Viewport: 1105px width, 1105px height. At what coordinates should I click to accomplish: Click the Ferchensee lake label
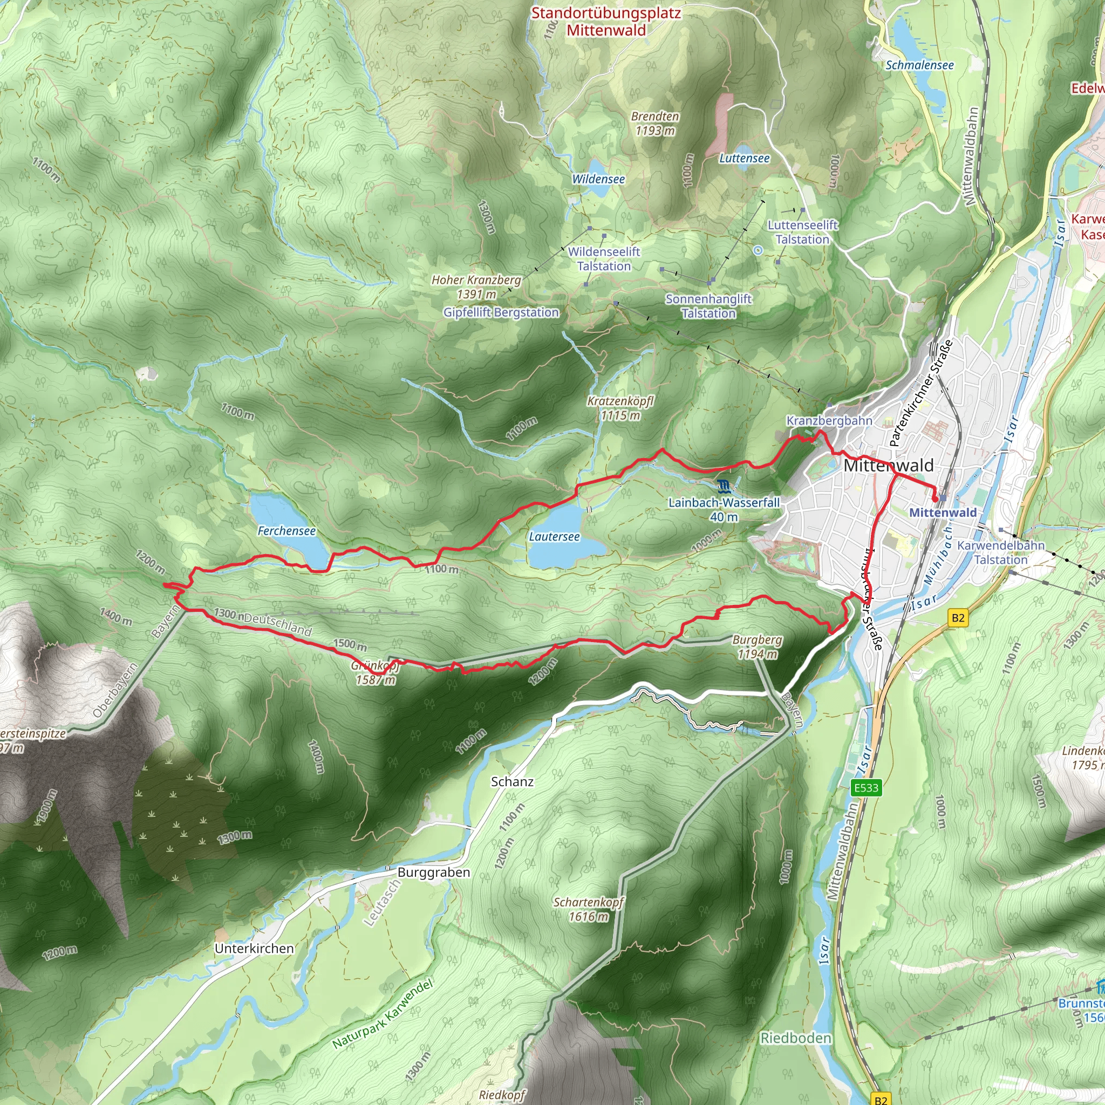pyautogui.click(x=286, y=531)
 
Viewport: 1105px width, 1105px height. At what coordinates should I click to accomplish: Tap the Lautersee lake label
pyautogui.click(x=554, y=536)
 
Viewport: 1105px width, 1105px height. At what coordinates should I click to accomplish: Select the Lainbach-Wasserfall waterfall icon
pyautogui.click(x=724, y=487)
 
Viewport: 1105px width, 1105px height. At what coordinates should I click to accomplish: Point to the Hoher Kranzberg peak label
pyautogui.click(x=476, y=287)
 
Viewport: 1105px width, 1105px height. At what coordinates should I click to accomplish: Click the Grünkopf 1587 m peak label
pyautogui.click(x=375, y=673)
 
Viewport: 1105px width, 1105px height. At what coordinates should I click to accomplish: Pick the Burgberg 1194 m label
pyautogui.click(x=757, y=646)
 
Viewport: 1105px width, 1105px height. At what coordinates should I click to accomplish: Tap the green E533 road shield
pyautogui.click(x=866, y=788)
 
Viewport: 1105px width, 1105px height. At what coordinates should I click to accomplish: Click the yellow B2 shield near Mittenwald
pyautogui.click(x=958, y=618)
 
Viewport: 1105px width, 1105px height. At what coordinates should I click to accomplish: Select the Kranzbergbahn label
pyautogui.click(x=829, y=421)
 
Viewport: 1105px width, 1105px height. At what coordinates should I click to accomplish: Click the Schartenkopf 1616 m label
pyautogui.click(x=588, y=909)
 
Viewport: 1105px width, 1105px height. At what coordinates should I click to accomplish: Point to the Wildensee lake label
pyautogui.click(x=598, y=179)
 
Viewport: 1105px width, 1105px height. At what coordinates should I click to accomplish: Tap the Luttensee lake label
pyautogui.click(x=744, y=159)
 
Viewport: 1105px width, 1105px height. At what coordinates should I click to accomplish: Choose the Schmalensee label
pyautogui.click(x=919, y=65)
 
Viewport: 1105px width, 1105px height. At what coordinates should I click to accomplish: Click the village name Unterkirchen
pyautogui.click(x=254, y=949)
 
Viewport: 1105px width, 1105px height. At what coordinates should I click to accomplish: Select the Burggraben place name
pyautogui.click(x=434, y=872)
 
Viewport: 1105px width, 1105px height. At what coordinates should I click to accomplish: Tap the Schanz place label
pyautogui.click(x=512, y=782)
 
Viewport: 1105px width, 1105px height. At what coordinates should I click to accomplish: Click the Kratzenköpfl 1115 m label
pyautogui.click(x=620, y=408)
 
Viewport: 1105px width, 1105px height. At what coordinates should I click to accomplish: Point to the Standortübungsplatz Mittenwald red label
pyautogui.click(x=606, y=21)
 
